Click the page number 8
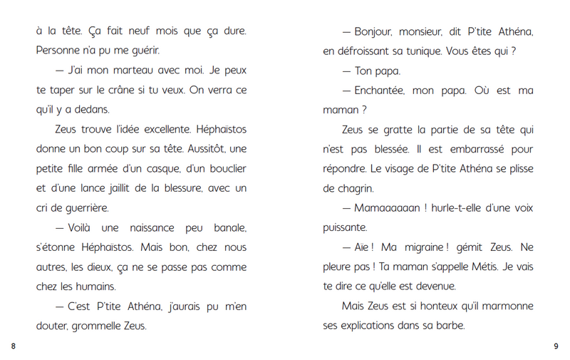14,346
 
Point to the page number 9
556,346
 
